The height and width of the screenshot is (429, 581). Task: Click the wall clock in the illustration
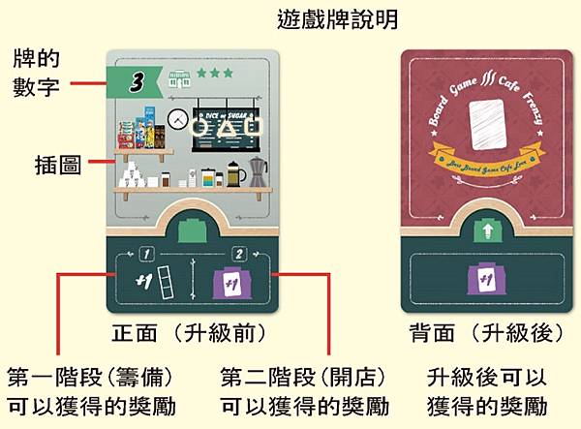pos(176,118)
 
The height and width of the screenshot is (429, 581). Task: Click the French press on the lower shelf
pos(231,177)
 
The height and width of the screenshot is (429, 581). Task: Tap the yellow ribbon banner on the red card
pos(481,156)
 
